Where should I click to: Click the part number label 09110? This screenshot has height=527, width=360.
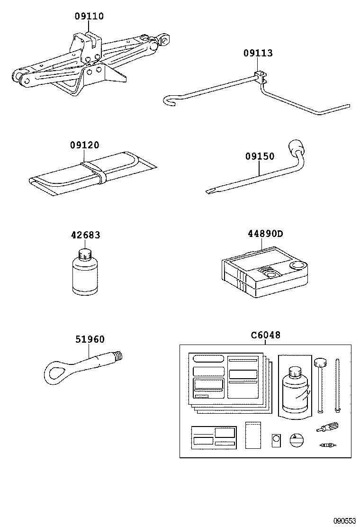(89, 16)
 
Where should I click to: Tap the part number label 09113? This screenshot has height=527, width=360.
(258, 53)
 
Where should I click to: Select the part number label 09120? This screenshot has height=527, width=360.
(85, 145)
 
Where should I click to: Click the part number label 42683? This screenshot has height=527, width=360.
(86, 236)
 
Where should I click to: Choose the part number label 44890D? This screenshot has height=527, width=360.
(266, 234)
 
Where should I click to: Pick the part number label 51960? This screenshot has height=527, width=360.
(90, 339)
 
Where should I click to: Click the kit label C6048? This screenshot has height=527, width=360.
(266, 335)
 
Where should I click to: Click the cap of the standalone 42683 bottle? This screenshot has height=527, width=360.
(85, 254)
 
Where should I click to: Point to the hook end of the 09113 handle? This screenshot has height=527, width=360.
(169, 99)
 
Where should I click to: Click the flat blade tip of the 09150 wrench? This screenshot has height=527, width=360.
(209, 191)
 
